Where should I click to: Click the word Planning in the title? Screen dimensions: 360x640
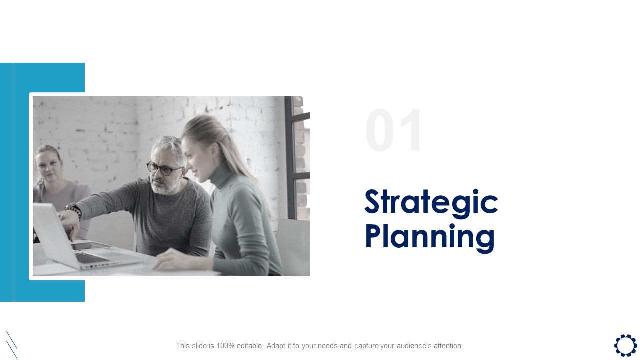click(430, 236)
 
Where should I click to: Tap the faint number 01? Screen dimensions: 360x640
click(394, 131)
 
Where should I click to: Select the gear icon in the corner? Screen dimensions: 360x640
click(625, 345)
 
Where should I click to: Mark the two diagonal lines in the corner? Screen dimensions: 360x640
click(12, 344)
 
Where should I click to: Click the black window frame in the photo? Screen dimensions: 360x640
click(289, 160)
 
